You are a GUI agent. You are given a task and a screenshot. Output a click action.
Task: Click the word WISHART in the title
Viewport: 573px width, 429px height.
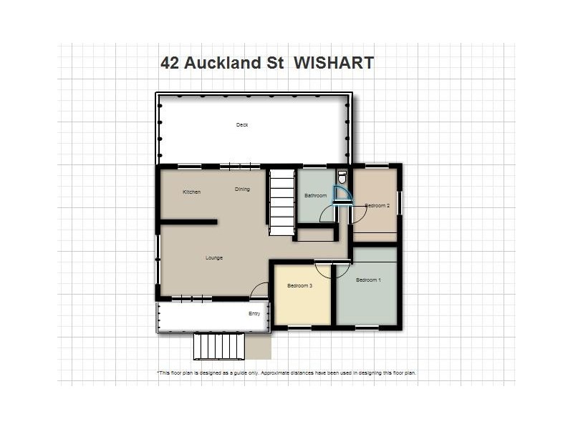334,63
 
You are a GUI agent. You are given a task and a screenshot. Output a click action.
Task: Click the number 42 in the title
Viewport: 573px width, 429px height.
170,63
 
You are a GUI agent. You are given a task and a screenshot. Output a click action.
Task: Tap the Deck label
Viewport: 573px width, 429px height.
242,125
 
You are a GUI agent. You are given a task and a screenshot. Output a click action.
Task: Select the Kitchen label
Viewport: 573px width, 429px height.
191,192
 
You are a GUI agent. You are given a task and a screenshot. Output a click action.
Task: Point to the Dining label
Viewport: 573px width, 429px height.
242,189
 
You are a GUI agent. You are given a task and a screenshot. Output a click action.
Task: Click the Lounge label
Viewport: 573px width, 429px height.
213,258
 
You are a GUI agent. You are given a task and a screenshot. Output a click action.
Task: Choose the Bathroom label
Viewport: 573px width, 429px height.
315,196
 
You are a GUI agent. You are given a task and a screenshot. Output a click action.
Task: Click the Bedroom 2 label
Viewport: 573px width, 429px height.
377,206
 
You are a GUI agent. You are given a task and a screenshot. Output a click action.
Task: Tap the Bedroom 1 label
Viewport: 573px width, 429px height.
368,280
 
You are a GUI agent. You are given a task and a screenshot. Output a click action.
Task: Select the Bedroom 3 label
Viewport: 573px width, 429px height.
299,286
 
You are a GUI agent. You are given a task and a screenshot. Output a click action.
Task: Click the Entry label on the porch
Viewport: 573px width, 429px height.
254,314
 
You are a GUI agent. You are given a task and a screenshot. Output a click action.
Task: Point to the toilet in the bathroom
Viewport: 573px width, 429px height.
342,176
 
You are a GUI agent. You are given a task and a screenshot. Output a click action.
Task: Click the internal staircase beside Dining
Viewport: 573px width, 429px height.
282,202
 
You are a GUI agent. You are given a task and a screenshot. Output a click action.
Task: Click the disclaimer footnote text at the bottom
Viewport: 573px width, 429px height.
286,373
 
